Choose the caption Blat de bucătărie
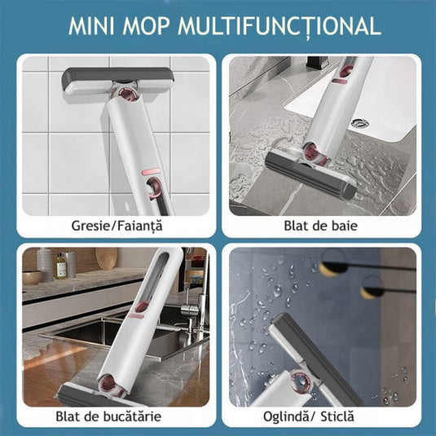pos(119,416)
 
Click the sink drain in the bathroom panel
pos(359,124)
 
